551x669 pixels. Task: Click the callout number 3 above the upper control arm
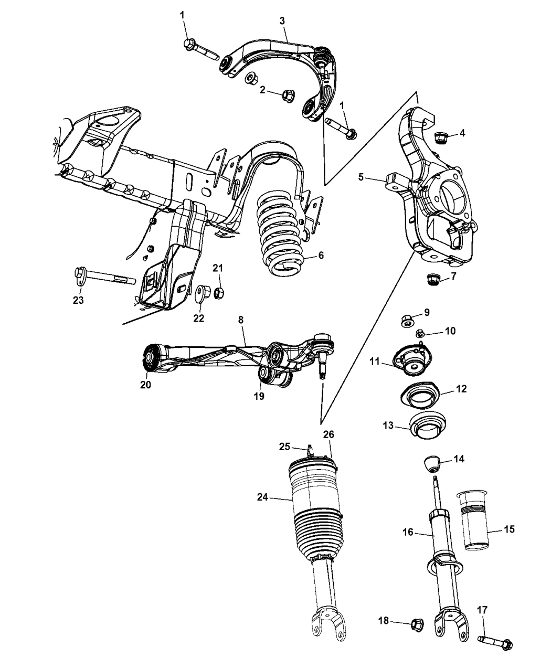282,20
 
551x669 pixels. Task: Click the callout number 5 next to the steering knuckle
361,177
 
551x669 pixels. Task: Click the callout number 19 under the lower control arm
260,396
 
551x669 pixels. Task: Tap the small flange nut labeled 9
408,320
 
